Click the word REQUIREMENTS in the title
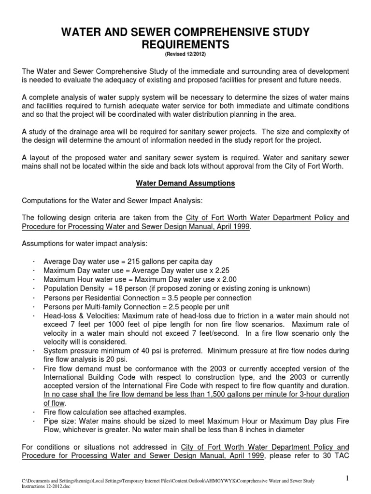click(x=185, y=45)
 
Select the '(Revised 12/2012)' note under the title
click(x=185, y=55)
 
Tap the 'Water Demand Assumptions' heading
click(x=185, y=183)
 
